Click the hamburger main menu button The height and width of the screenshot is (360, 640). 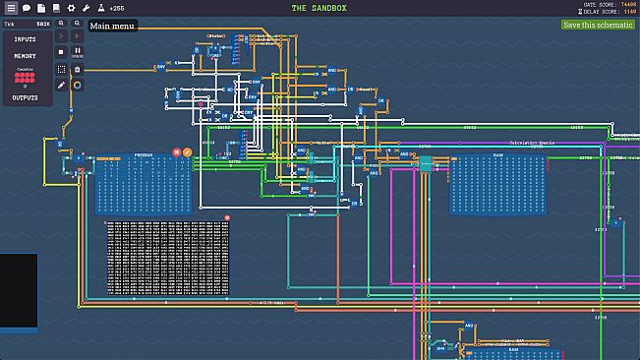pos(11,8)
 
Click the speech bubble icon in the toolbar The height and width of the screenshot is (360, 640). pos(27,8)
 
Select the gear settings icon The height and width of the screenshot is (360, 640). pos(71,8)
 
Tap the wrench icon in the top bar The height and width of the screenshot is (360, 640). pos(86,8)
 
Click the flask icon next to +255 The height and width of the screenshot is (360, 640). pos(100,8)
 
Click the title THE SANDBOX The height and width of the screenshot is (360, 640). pos(320,8)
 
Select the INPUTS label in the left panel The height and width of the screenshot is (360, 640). pos(26,39)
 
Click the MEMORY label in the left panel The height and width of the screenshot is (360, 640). pos(26,56)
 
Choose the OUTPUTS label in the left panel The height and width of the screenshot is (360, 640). pos(26,98)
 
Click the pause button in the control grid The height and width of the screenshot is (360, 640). pos(78,51)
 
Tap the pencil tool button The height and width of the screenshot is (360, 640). pos(61,85)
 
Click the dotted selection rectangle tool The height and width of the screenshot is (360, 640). pos(61,69)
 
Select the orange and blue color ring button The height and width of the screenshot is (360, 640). pos(78,85)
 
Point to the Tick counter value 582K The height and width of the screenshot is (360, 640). pos(43,23)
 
